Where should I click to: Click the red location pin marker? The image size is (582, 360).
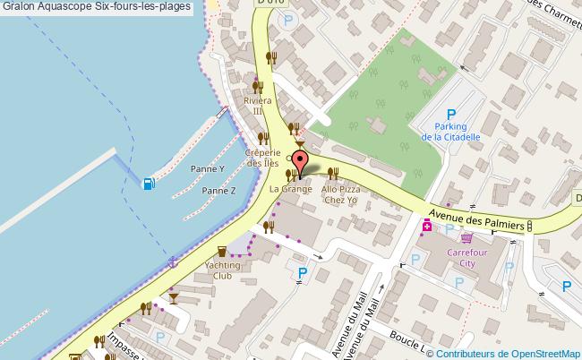303,163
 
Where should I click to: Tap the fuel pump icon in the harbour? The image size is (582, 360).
147,185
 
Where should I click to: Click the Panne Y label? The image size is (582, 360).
207,168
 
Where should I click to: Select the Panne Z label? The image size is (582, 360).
218,191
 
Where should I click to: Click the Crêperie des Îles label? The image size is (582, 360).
264,158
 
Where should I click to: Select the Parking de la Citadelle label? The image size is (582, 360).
451,133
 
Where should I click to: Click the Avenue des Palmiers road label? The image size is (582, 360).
475,220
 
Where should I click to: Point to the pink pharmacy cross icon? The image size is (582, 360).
427,227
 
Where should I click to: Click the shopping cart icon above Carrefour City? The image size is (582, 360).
466,238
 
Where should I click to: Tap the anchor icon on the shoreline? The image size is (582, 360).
172,261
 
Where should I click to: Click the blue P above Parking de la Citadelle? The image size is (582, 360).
451,114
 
